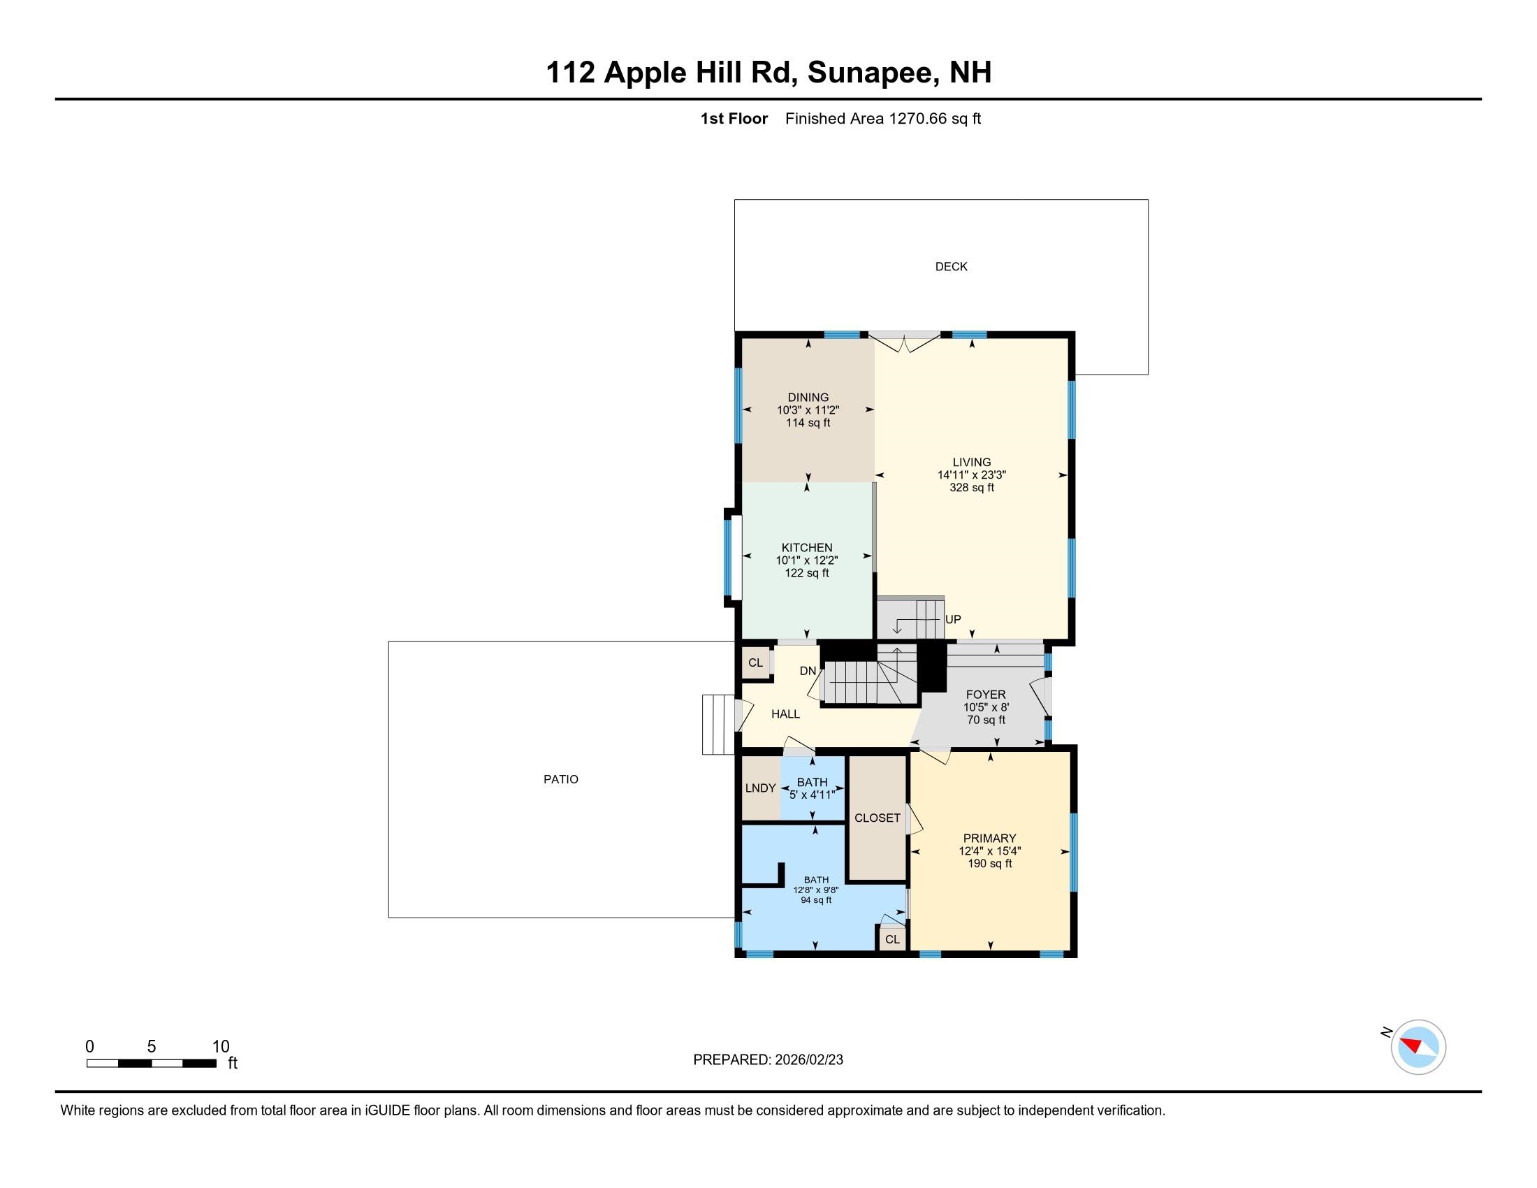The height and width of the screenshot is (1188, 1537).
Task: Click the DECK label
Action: coord(951,267)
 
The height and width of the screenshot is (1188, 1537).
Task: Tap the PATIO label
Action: coord(560,779)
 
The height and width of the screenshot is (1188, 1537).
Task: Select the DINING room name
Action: coord(808,398)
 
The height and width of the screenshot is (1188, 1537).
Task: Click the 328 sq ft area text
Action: coord(971,487)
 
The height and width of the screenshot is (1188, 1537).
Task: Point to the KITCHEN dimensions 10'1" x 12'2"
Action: coord(806,560)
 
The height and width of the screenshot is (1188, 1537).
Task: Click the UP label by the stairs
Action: coord(953,619)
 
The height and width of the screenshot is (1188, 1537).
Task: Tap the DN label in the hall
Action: coord(807,671)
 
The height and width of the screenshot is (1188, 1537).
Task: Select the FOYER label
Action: coord(985,695)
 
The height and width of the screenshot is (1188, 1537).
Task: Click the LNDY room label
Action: coord(760,788)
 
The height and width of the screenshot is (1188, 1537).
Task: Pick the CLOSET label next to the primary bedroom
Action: coord(877,818)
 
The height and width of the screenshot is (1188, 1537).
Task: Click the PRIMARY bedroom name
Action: coord(989,838)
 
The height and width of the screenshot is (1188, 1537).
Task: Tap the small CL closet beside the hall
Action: coord(755,663)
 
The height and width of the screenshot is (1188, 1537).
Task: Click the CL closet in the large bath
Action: coord(891,939)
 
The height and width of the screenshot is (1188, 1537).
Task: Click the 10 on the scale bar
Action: coord(220,1047)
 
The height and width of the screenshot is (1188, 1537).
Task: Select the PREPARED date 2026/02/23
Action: coord(808,1060)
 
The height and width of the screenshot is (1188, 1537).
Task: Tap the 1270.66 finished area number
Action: coord(918,119)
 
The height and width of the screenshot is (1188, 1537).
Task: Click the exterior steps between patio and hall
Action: coord(717,725)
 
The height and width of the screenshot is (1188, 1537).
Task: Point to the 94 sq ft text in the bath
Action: coord(815,900)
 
